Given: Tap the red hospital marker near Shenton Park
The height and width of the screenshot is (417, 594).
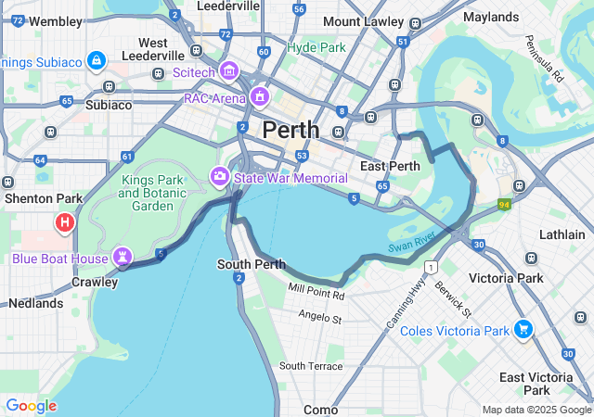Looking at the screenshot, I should click(x=64, y=222).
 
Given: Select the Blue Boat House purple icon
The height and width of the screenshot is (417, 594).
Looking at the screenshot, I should click(x=122, y=256).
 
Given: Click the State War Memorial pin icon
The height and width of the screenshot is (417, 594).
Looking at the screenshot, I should click(x=220, y=175).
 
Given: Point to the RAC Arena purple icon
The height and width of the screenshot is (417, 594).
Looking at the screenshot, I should click(x=261, y=96).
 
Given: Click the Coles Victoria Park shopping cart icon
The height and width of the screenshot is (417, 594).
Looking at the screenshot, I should click(x=523, y=330).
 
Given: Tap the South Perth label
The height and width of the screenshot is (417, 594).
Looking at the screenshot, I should click(x=251, y=264).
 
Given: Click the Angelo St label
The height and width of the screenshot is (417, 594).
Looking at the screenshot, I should click(x=320, y=318).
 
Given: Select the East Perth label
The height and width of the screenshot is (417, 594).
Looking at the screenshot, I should click(x=386, y=166).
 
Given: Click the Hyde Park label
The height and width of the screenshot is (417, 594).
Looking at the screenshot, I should click(x=316, y=46).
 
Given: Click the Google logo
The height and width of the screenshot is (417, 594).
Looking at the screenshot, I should click(x=31, y=406).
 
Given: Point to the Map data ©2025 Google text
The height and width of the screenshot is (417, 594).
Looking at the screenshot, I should click(x=536, y=410).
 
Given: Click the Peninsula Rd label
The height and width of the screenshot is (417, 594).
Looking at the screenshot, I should click(x=544, y=60).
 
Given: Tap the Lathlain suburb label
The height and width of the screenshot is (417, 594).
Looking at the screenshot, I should click(x=562, y=234).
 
